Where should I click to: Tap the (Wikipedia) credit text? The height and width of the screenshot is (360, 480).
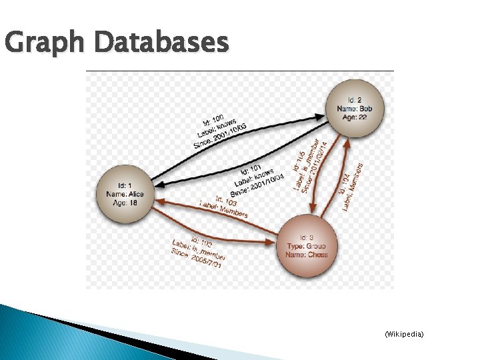pos(404,333)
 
